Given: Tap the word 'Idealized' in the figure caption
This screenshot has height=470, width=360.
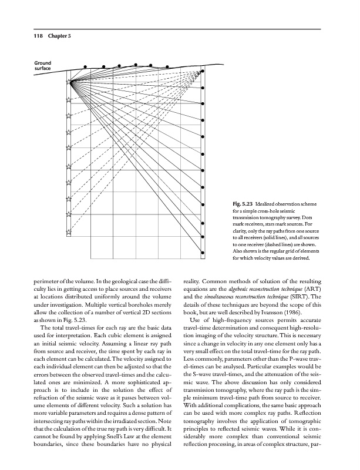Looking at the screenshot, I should pos(270,203).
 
